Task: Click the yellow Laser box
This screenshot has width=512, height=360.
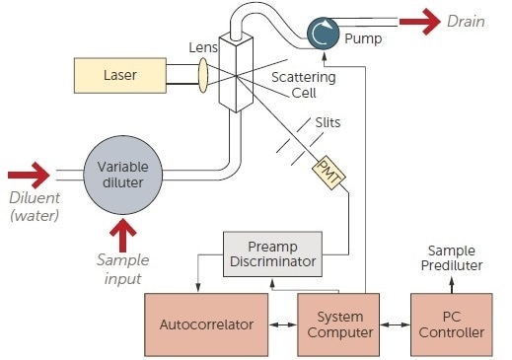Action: [120, 75]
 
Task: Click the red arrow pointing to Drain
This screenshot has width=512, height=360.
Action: [418, 21]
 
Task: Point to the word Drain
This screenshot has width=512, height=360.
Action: [468, 21]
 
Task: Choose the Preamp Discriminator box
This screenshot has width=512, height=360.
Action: [271, 255]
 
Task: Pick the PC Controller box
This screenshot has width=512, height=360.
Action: [451, 324]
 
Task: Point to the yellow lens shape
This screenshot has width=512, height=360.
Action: [202, 75]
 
